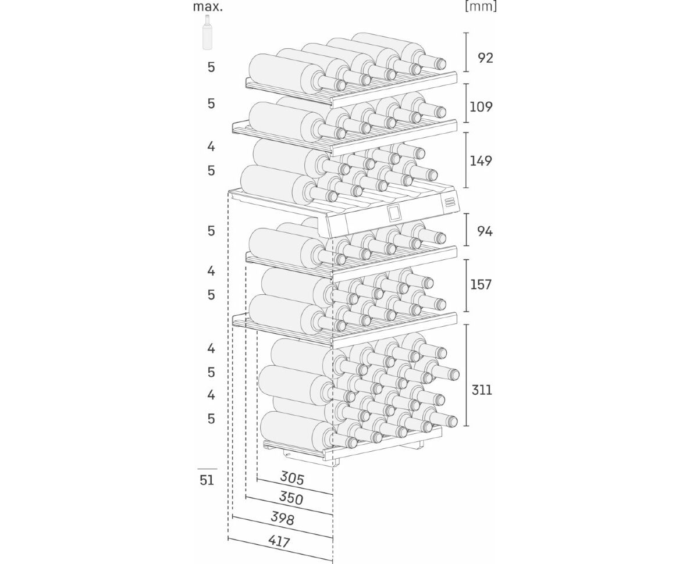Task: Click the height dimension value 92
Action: tap(485, 58)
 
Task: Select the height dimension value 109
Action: tap(481, 106)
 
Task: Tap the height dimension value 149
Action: tap(481, 160)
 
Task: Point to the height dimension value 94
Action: tap(485, 231)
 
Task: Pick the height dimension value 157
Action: tap(481, 284)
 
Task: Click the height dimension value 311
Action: tap(481, 390)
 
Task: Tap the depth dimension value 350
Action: tap(291, 498)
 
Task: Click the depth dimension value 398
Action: tap(282, 518)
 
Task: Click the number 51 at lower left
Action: tap(207, 480)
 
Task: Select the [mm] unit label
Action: tap(481, 7)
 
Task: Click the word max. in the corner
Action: tap(208, 7)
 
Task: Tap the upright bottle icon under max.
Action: tap(207, 33)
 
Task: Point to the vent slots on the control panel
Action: tap(449, 202)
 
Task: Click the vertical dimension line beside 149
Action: tap(467, 160)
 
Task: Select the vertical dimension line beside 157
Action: tap(467, 285)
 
